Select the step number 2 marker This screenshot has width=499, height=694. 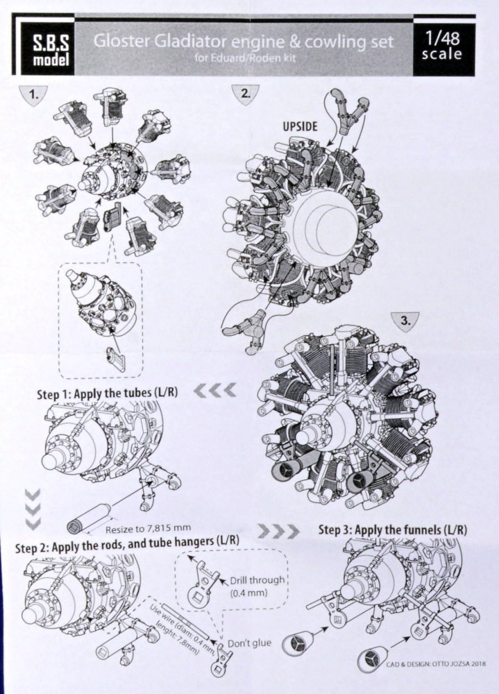pyautogui.click(x=245, y=94)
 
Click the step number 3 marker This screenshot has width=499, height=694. pyautogui.click(x=405, y=321)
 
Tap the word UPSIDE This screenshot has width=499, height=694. pyautogui.click(x=301, y=126)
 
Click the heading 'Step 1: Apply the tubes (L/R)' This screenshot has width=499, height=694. pyautogui.click(x=107, y=393)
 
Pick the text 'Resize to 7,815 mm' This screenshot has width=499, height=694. pyautogui.click(x=148, y=528)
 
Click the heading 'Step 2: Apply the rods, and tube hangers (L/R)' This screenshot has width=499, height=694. pyautogui.click(x=127, y=543)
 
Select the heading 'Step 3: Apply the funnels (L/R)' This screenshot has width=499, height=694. pyautogui.click(x=393, y=530)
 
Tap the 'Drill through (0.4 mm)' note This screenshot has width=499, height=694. pyautogui.click(x=256, y=586)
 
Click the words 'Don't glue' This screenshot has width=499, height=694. pyautogui.click(x=249, y=643)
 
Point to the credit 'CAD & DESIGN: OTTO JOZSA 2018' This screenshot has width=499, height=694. pyautogui.click(x=436, y=663)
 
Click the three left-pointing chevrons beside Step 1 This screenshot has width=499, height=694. pyautogui.click(x=214, y=390)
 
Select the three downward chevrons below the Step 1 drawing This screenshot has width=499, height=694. pyautogui.click(x=33, y=509)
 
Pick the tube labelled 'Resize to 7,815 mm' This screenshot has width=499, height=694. pyautogui.click(x=87, y=518)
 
